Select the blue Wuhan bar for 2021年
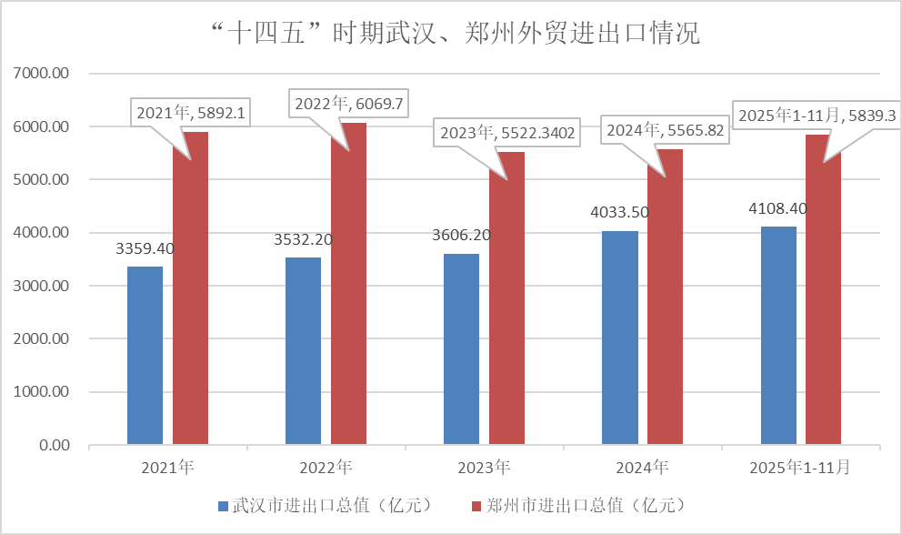coord(145,356)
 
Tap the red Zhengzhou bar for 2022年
coord(348,284)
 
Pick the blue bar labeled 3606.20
coord(461,349)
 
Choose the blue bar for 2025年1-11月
coord(777,336)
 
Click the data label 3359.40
coord(145,247)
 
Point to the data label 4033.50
coord(619,212)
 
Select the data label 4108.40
coord(777,208)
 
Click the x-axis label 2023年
coord(484,469)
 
